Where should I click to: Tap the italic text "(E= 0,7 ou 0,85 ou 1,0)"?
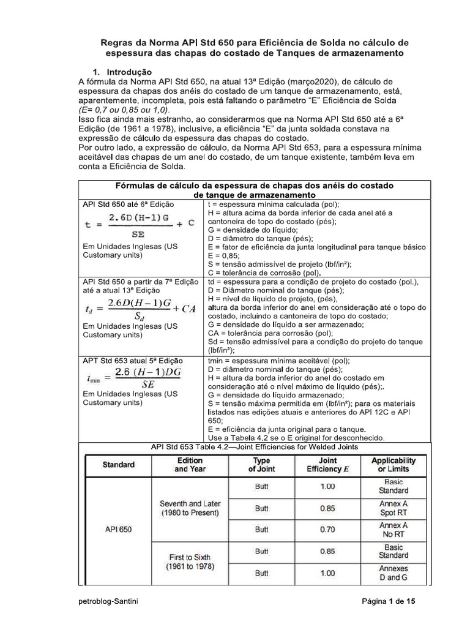coord(122,108)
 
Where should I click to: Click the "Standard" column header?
coord(118,465)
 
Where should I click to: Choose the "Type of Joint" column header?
coord(261,465)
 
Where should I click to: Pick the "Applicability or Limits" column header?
coord(394,465)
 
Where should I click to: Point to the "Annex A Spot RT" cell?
coord(394,508)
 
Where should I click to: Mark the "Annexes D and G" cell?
coord(394,573)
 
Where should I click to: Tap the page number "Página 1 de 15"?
coord(388,602)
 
